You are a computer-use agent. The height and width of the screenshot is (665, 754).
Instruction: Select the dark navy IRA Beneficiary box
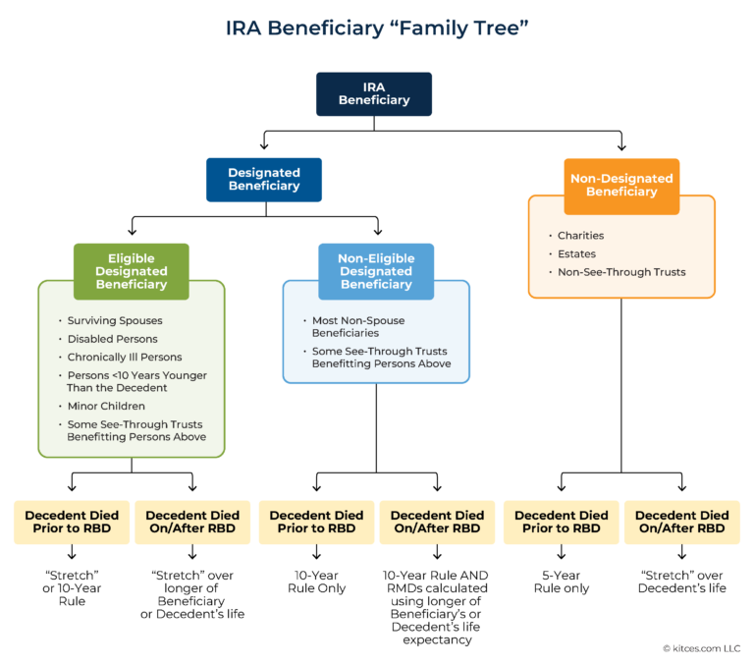(x=373, y=94)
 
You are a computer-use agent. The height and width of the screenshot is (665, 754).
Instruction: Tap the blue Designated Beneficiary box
(x=263, y=179)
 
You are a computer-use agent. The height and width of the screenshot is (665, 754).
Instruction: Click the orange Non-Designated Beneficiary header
(x=621, y=186)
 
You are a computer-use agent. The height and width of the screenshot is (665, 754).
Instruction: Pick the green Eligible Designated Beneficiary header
(x=132, y=272)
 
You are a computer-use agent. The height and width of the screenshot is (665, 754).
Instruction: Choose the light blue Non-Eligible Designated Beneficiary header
(x=376, y=272)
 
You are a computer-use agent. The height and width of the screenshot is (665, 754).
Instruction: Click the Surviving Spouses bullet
(x=116, y=321)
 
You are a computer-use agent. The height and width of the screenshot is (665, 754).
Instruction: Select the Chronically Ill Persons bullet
(x=124, y=358)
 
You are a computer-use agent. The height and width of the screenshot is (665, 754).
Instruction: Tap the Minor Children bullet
(x=106, y=406)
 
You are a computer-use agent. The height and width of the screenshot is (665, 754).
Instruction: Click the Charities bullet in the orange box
(x=580, y=236)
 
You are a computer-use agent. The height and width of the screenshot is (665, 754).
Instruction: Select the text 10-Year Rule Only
(x=316, y=582)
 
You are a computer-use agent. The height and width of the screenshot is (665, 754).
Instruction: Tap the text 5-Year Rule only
(x=562, y=582)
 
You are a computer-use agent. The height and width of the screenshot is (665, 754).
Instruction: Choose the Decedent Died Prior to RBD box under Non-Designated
(x=562, y=522)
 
